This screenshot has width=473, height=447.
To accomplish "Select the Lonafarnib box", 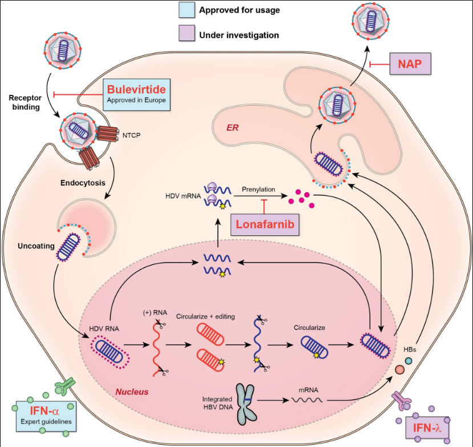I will click(x=265, y=224).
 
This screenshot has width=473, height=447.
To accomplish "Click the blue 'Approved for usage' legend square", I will click(x=186, y=10).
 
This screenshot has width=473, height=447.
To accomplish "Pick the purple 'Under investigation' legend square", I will click(x=186, y=35).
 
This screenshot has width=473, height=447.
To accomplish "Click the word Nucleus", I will click(x=132, y=392).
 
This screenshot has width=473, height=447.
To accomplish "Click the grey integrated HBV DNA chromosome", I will click(x=246, y=404).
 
